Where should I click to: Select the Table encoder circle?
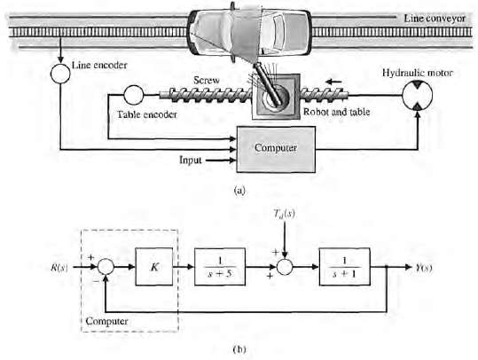tap(132, 93)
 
